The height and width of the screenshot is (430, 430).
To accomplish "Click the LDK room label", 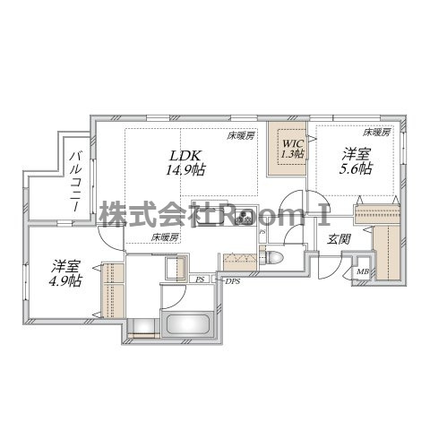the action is click(x=185, y=156).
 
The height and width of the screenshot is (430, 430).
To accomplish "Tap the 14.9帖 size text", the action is click(x=185, y=170).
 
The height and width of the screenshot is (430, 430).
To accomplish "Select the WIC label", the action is click(x=293, y=143).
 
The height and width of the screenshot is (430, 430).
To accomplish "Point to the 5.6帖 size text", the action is click(x=356, y=169).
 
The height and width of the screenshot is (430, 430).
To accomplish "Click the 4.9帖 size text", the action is click(x=66, y=280).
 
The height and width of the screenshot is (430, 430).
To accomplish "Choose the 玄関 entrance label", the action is click(x=339, y=239).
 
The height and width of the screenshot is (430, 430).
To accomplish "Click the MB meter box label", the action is click(x=363, y=271).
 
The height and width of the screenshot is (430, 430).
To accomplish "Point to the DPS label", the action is click(x=233, y=281).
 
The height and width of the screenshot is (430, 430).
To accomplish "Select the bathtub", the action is click(x=188, y=324).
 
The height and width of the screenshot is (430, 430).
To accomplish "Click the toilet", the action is click(x=271, y=256).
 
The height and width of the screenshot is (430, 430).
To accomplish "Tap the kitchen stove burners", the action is click(x=245, y=217).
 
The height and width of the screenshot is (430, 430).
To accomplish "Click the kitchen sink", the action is click(x=209, y=218).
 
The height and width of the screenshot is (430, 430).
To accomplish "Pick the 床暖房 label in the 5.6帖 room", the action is click(x=376, y=133).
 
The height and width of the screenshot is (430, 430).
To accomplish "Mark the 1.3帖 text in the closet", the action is click(x=293, y=153).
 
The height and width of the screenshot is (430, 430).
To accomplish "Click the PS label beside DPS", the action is click(x=200, y=279).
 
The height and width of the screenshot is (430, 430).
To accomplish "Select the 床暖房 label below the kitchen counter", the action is click(x=165, y=237).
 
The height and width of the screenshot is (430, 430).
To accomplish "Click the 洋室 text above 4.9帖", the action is click(x=65, y=267).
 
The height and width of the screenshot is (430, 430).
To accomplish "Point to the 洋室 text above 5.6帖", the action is click(x=356, y=155).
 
